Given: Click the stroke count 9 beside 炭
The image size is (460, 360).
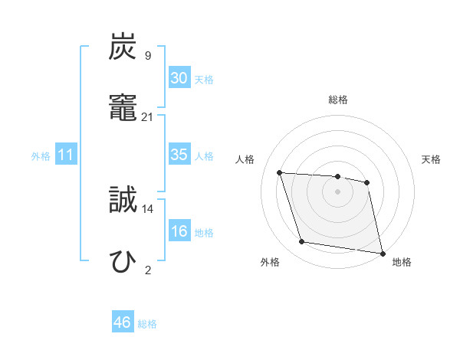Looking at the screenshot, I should point(147,55).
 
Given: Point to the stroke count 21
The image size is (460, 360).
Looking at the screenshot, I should point(147,116).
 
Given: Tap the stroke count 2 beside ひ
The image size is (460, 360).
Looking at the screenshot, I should point(147,270).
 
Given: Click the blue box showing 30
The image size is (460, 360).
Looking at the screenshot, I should point(179,78).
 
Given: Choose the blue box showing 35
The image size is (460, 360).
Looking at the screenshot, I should point(179,155).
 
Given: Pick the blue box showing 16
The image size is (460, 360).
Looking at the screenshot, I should point(179,231).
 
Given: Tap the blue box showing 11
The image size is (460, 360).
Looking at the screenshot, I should point(66,155).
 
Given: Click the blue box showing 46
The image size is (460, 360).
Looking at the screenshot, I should point(122,322).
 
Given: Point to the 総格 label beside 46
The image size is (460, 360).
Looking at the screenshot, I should point(147,324).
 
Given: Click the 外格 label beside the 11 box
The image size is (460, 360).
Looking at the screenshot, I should point(41,156).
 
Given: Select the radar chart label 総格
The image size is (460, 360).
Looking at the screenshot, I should point(338,100).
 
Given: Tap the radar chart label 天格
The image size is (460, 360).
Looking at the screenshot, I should point(432,159).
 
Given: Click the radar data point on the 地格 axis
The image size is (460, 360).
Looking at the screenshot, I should point(382,252).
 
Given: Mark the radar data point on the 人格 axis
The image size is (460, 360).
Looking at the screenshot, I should point(280,172).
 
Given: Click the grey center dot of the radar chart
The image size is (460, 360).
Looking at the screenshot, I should point(337,191).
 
